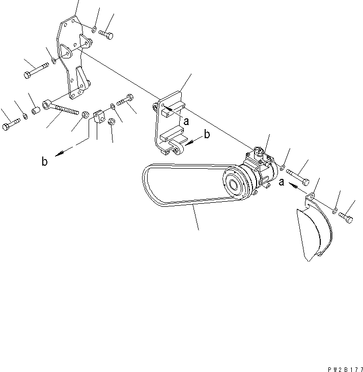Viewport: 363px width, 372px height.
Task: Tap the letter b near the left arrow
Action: click(44, 161)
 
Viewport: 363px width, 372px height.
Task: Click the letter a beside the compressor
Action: click(282, 182)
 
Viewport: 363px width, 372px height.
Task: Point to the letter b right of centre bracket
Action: click(207, 134)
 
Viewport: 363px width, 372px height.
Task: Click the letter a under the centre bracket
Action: click(186, 121)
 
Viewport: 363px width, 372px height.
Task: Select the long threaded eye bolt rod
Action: click(61, 107)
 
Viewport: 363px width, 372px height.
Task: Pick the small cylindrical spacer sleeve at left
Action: click(36, 111)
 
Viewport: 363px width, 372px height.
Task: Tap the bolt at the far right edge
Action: click(346, 218)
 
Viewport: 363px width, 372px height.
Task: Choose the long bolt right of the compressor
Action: click(298, 177)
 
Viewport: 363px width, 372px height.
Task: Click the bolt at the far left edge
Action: click(11, 124)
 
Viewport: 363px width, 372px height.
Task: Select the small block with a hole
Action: click(99, 117)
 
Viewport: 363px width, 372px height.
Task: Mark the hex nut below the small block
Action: click(111, 121)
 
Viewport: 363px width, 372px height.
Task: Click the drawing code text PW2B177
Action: click(345, 369)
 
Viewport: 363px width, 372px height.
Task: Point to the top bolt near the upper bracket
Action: click(106, 35)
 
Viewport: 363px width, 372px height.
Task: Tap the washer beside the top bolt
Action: click(94, 29)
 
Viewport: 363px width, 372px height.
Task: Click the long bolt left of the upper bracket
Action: click(36, 71)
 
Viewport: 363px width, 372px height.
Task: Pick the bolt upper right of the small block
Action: click(125, 100)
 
